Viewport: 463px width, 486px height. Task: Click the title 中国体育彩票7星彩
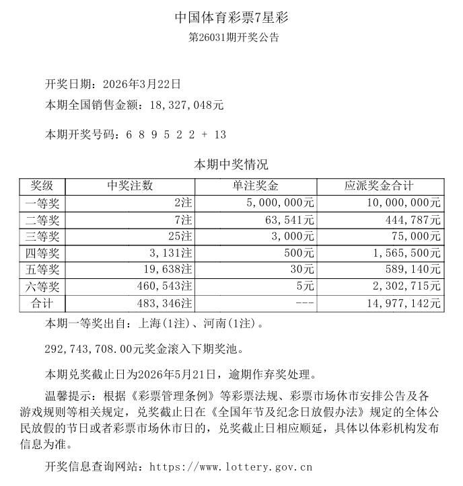point(231,17)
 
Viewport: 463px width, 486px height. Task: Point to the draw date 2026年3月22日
point(141,85)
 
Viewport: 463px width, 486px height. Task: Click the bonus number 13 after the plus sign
point(220,134)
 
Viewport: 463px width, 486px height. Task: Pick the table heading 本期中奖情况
point(231,165)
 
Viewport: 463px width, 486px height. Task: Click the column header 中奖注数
point(130,186)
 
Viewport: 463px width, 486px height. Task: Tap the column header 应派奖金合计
point(380,186)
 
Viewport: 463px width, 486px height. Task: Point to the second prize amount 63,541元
point(289,219)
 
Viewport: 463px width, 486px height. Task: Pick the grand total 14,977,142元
point(403,304)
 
